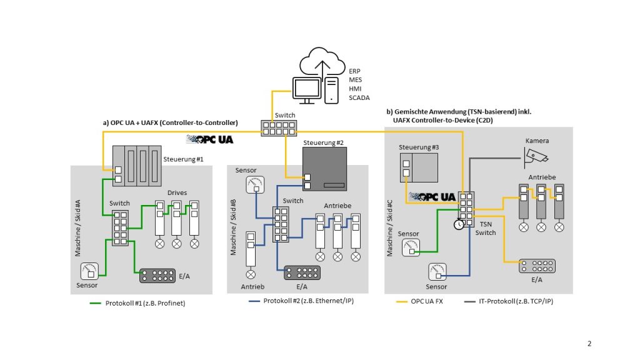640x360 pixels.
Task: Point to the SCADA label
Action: tap(359, 98)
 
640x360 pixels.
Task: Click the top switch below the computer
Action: tap(279, 128)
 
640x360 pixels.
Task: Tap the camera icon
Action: tap(537, 155)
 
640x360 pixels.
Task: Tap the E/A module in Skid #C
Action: tap(537, 266)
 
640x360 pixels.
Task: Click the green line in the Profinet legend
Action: tap(95, 304)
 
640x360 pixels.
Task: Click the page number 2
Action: tap(589, 343)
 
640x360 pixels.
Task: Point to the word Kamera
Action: tap(537, 141)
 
